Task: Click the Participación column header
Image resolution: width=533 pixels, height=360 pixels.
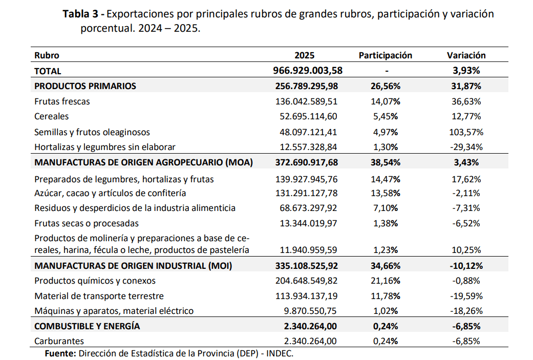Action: [x=385, y=55]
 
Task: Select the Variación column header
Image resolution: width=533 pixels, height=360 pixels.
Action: [x=466, y=55]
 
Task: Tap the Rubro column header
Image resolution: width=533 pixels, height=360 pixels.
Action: [x=47, y=55]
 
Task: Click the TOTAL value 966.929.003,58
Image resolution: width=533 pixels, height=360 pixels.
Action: [x=308, y=70]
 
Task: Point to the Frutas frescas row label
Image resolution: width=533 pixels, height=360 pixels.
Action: [x=62, y=101]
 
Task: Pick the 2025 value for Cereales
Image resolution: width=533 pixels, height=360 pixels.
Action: [x=308, y=117]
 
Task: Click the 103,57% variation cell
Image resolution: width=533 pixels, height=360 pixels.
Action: [x=466, y=132]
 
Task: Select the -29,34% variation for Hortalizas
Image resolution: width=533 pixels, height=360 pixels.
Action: [x=466, y=147]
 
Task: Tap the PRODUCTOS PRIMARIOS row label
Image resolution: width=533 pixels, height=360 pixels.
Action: [x=85, y=86]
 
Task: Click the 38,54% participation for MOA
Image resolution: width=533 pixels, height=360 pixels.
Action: [x=386, y=162]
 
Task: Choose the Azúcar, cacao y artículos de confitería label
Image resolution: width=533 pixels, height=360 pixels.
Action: [x=110, y=194]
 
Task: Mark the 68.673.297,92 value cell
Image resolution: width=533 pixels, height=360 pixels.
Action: [x=308, y=208]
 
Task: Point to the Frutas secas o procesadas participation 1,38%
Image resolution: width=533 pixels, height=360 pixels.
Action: [x=386, y=223]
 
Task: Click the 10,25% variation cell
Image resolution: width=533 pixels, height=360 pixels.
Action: [x=466, y=250]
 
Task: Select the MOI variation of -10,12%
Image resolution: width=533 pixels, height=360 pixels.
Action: [x=466, y=266]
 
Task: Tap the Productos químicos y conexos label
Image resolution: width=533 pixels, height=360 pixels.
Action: [x=95, y=281]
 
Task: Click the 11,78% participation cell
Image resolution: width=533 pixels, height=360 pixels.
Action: [x=386, y=296]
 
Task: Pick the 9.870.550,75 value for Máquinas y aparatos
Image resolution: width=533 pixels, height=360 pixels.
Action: [x=310, y=311]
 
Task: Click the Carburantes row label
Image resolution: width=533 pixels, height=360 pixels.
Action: [x=59, y=341]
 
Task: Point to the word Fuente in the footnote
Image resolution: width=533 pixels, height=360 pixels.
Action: [x=60, y=353]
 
